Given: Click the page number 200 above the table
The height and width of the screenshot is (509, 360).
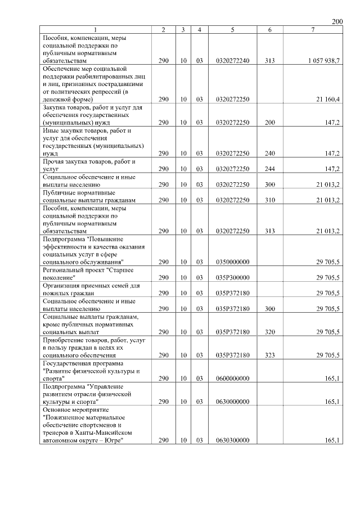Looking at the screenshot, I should (337, 21).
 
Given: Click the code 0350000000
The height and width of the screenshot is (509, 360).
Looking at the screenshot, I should (232, 262).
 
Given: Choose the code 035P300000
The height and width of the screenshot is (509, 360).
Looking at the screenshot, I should (232, 278).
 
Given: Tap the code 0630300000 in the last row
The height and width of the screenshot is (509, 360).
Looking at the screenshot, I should (232, 441).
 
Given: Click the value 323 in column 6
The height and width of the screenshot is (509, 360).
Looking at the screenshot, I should (270, 355).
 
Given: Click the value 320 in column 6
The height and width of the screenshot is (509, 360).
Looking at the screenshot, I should (270, 332).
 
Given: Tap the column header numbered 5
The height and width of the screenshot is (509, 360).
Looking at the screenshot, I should (232, 30).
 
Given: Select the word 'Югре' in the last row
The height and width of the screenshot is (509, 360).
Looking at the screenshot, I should (113, 441).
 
